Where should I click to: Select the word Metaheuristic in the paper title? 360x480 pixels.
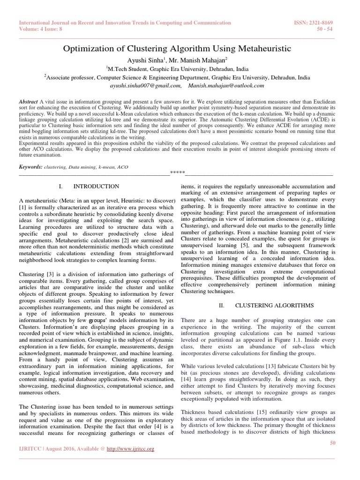[264, 49]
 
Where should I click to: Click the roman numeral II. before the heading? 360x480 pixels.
[222, 305]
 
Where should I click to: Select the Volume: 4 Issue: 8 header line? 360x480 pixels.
[44, 29]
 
